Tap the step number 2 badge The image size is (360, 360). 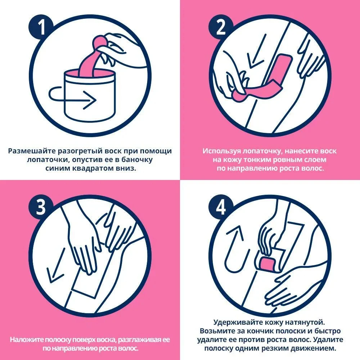[221, 27]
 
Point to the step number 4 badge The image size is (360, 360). [221, 207]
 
